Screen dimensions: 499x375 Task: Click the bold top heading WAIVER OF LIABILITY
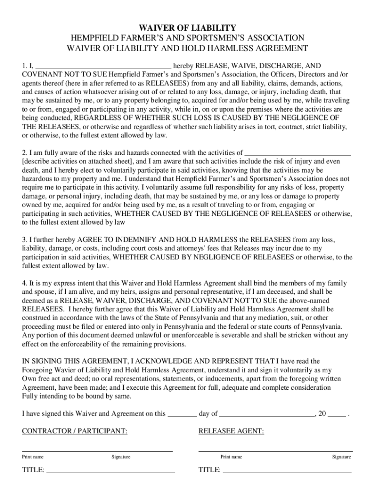pyautogui.click(x=187, y=28)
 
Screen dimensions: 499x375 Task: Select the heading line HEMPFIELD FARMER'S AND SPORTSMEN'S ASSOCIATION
pyautogui.click(x=187, y=38)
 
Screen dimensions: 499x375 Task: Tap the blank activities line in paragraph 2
pyautogui.click(x=297, y=153)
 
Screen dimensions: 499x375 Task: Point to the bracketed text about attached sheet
pyautogui.click(x=77, y=161)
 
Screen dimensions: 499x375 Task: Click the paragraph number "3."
pyautogui.click(x=25, y=240)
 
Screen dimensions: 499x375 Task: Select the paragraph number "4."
pyautogui.click(x=25, y=283)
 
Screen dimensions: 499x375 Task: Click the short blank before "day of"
pyautogui.click(x=182, y=414)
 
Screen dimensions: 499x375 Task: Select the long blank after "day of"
pyautogui.click(x=267, y=414)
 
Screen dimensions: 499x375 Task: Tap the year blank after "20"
pyautogui.click(x=337, y=414)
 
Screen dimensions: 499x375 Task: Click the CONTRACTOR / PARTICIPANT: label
pyautogui.click(x=75, y=431)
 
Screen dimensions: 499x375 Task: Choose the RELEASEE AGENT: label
pyautogui.click(x=231, y=431)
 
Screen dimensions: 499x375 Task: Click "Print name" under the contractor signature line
pyautogui.click(x=33, y=457)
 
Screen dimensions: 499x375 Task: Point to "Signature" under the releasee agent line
pyautogui.click(x=341, y=457)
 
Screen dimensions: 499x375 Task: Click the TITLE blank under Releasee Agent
pyautogui.click(x=287, y=471)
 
